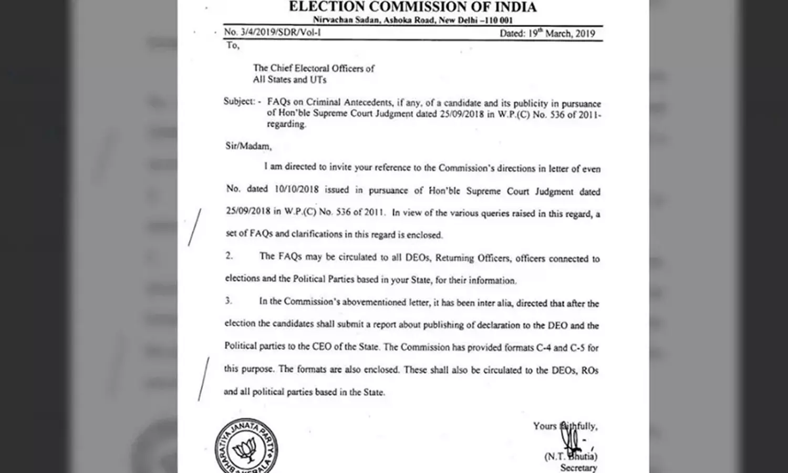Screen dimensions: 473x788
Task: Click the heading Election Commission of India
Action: (x=413, y=7)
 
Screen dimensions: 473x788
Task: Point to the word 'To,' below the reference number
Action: (x=233, y=45)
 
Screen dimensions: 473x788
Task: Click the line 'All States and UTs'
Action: (x=289, y=80)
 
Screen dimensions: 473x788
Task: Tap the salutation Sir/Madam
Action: (x=248, y=146)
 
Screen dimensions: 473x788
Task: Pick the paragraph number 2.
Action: (x=229, y=256)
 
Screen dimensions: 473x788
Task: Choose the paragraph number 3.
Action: (x=229, y=301)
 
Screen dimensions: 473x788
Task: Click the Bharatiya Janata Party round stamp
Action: (x=246, y=447)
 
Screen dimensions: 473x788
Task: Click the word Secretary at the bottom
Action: (x=578, y=467)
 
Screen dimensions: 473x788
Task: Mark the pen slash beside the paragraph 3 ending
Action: (x=203, y=378)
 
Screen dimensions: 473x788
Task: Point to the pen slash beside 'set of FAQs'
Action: (x=194, y=227)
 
